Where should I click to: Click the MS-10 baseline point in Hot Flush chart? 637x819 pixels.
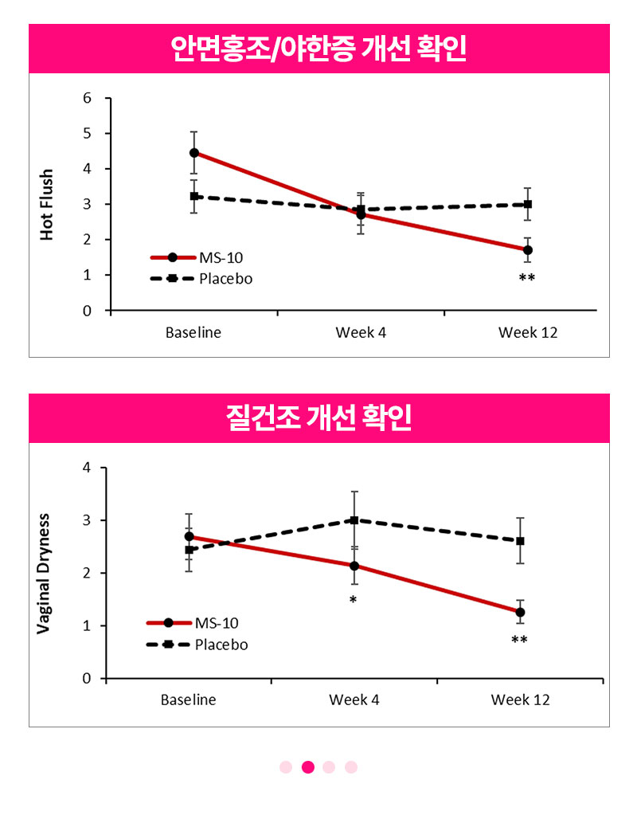click(194, 153)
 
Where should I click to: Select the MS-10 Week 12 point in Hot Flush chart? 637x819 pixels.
click(528, 250)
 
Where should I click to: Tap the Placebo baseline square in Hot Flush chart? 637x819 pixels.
click(194, 197)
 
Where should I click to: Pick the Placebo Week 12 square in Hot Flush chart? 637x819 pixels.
click(528, 204)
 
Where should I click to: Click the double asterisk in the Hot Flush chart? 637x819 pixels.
click(527, 277)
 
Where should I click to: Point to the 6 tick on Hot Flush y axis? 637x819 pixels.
click(88, 98)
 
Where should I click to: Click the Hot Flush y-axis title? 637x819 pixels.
click(46, 204)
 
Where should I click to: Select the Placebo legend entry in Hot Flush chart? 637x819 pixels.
click(201, 278)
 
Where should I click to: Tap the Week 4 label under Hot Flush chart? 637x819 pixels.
click(361, 333)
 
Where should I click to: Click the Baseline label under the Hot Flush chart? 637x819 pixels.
click(193, 333)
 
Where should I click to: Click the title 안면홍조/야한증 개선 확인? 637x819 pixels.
click(318, 49)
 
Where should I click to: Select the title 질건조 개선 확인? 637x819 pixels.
click(318, 417)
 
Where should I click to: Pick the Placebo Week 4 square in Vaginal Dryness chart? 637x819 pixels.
click(354, 520)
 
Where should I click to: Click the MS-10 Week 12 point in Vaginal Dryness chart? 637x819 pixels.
click(520, 612)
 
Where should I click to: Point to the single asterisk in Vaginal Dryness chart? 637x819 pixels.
click(354, 600)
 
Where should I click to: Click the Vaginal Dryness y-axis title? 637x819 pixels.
click(43, 574)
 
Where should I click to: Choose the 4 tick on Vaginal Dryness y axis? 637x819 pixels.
click(87, 468)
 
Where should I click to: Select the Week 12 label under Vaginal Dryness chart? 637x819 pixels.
click(521, 700)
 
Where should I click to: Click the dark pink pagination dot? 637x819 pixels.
click(308, 766)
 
